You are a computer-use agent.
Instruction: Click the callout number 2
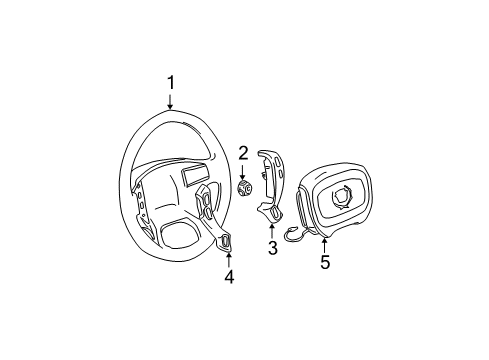(x=243, y=153)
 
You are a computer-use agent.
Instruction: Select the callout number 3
(x=271, y=248)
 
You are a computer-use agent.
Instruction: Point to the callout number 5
(x=324, y=263)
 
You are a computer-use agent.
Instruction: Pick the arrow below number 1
(x=170, y=104)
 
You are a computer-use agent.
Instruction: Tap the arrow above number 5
(x=324, y=244)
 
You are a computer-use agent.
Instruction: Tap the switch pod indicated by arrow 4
(x=226, y=241)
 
